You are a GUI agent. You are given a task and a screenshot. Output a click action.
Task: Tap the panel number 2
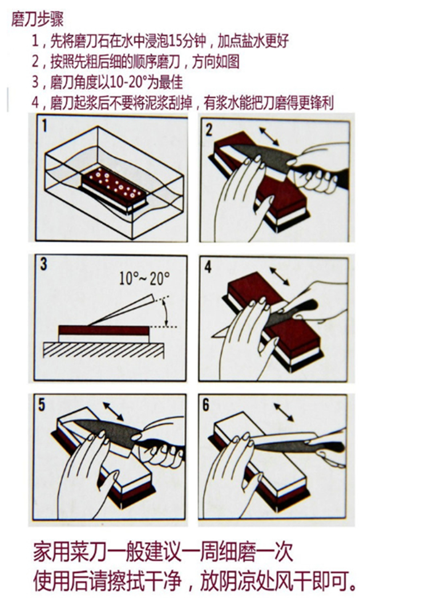click(x=209, y=130)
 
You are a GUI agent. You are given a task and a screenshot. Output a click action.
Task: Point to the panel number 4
click(x=208, y=266)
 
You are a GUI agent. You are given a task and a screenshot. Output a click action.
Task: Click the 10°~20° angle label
click(x=145, y=278)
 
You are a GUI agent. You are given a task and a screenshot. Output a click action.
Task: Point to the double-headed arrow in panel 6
click(x=285, y=411)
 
